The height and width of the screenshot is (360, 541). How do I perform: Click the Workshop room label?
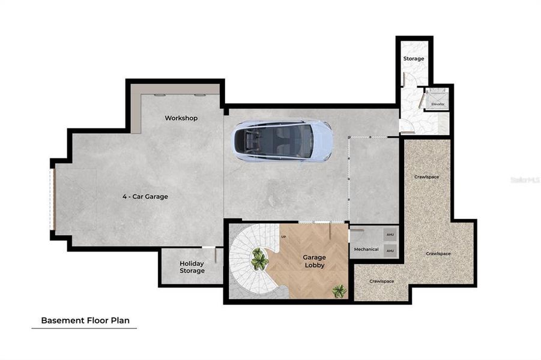pyautogui.click(x=181, y=118)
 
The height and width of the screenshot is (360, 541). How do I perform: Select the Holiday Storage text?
pyautogui.click(x=192, y=267)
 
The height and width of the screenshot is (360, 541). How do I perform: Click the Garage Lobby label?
pyautogui.click(x=314, y=261)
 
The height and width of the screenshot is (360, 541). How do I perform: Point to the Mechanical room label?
pyautogui.click(x=366, y=249)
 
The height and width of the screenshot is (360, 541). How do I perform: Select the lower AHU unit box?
pyautogui.click(x=390, y=251)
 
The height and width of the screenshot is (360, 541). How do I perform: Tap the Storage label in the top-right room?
pyautogui.click(x=413, y=59)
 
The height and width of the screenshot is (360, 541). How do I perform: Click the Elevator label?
pyautogui.click(x=438, y=104)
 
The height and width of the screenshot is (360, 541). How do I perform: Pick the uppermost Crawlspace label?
pyautogui.click(x=427, y=177)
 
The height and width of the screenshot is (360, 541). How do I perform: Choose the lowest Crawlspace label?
pyautogui.click(x=381, y=281)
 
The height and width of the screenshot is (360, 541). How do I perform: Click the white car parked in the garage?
pyautogui.click(x=283, y=141)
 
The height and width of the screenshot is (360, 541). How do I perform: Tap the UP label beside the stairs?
pyautogui.click(x=283, y=237)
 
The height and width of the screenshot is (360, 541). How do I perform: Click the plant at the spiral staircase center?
pyautogui.click(x=259, y=259)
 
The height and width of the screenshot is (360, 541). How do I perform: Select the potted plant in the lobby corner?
pyautogui.click(x=339, y=291)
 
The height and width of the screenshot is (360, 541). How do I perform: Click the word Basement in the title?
pyautogui.click(x=60, y=320)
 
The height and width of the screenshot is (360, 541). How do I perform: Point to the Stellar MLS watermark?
pyautogui.click(x=524, y=179)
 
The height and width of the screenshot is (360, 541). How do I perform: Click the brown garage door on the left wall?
pyautogui.click(x=53, y=199)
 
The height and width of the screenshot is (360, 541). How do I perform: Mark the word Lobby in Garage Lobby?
pyautogui.click(x=314, y=265)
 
